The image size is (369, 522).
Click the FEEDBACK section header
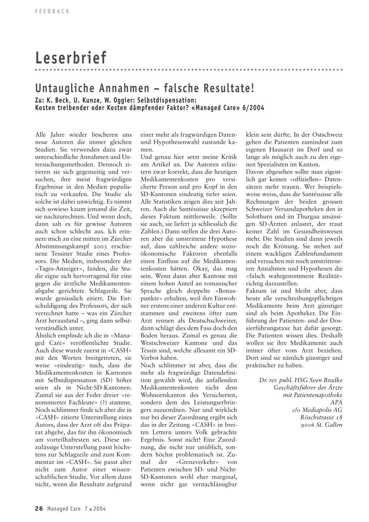(x=52, y=11)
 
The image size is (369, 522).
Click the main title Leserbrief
(x=71, y=58)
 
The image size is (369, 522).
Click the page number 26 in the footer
(x=39, y=509)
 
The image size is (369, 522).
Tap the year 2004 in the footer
(x=99, y=509)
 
